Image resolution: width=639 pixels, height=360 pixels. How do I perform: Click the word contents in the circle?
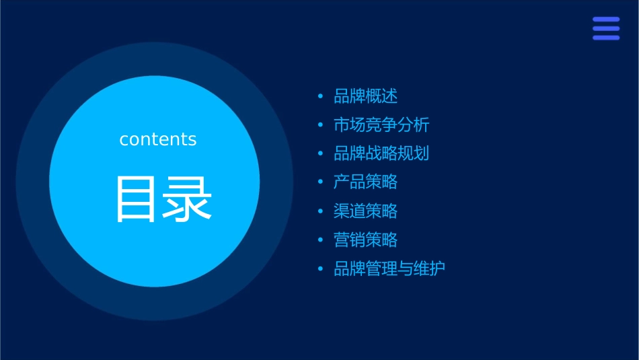point(158,139)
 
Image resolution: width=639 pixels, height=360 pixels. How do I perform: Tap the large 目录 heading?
point(164,199)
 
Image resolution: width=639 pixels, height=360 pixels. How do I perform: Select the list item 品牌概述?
point(366,96)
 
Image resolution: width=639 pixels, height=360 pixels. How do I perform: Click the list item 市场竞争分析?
point(381,125)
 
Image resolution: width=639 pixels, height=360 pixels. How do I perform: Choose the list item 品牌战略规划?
point(381,153)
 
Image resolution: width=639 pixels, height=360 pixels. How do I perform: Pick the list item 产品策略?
point(366,182)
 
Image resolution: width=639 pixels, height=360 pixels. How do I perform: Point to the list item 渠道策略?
point(366,211)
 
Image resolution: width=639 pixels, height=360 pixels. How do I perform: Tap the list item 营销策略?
point(366,240)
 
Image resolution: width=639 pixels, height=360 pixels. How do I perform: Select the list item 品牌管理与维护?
point(389,269)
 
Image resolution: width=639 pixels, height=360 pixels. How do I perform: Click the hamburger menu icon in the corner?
point(606,29)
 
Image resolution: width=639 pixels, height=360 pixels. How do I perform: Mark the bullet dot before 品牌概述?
point(321,97)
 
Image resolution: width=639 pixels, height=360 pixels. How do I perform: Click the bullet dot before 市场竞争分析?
point(321,125)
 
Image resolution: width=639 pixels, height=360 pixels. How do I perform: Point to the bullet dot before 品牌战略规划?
point(321,154)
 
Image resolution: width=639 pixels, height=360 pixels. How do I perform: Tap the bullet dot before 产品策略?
point(321,182)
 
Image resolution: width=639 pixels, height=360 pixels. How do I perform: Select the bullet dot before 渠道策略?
point(321,211)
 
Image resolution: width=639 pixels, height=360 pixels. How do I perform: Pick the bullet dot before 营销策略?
point(321,240)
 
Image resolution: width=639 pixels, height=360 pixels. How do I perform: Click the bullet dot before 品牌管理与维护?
point(321,269)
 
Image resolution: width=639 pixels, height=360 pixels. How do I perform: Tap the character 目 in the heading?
point(137,199)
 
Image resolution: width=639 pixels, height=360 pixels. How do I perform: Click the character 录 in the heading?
point(188,199)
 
